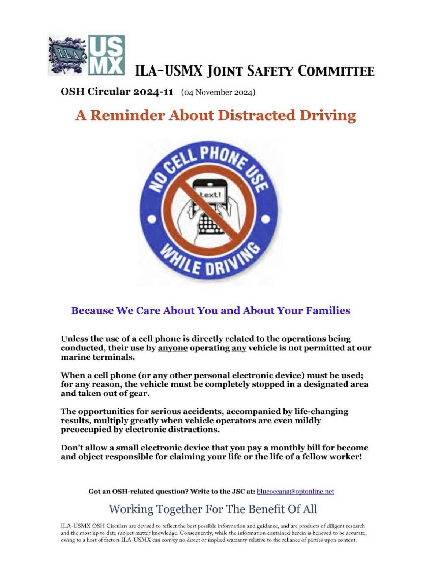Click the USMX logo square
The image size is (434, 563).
pyautogui.click(x=106, y=55)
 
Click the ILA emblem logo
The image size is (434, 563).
pyautogui.click(x=67, y=55)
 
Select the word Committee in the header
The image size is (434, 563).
pyautogui.click(x=336, y=71)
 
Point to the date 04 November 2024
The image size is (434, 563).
pyautogui.click(x=218, y=92)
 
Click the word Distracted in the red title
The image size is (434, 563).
pyautogui.click(x=256, y=115)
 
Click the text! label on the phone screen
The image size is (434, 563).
pyautogui.click(x=210, y=195)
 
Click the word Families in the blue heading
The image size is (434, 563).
pyautogui.click(x=328, y=310)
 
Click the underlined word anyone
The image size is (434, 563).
pyautogui.click(x=173, y=348)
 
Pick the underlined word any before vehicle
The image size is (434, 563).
pyautogui.click(x=239, y=348)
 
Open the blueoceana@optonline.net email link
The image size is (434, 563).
pyautogui.click(x=295, y=492)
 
